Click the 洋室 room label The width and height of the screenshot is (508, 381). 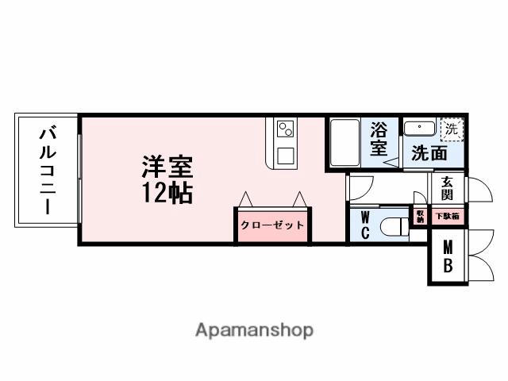pyautogui.click(x=167, y=168)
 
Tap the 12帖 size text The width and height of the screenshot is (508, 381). pyautogui.click(x=167, y=192)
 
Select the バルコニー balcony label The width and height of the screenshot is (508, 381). pyautogui.click(x=47, y=170)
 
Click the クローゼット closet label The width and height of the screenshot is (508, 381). pyautogui.click(x=272, y=225)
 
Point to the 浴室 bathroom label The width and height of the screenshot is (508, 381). pyautogui.click(x=379, y=138)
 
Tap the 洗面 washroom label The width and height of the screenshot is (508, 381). pyautogui.click(x=429, y=153)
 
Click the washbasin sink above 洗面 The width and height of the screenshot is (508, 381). pyautogui.click(x=417, y=129)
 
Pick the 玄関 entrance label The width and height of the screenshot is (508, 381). pyautogui.click(x=447, y=189)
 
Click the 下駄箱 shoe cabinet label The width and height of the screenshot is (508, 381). pyautogui.click(x=447, y=216)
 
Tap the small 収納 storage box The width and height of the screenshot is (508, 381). pyautogui.click(x=420, y=216)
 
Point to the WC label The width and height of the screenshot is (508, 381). pyautogui.click(x=366, y=225)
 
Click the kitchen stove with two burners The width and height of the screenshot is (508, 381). pyautogui.click(x=285, y=129)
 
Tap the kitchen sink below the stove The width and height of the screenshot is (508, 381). pyautogui.click(x=285, y=154)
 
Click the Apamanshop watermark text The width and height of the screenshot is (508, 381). pyautogui.click(x=254, y=330)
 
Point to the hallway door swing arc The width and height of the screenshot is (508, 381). pyautogui.click(x=361, y=187)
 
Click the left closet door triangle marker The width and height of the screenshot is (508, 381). pyautogui.click(x=247, y=198)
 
